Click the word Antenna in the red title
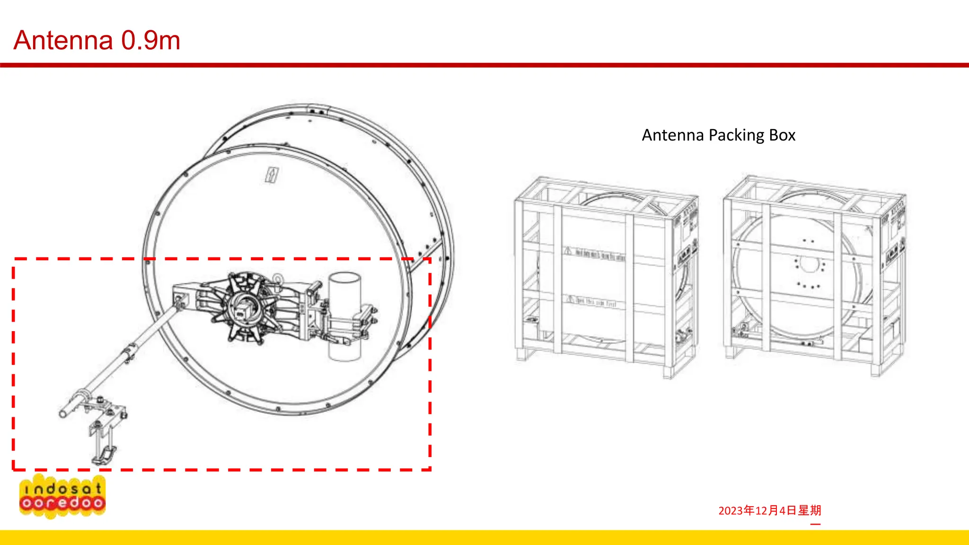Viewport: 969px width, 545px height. coord(63,40)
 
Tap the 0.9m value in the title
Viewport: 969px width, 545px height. coord(150,40)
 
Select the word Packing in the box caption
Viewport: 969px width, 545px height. coord(737,135)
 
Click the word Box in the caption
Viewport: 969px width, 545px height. coord(782,135)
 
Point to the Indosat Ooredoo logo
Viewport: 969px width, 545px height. coord(62,496)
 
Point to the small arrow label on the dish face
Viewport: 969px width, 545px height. coord(272,175)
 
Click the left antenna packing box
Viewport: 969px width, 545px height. coord(606,277)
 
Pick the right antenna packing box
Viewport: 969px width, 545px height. coord(814,274)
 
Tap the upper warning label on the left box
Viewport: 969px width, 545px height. coord(595,254)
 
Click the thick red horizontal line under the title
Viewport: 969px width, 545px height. coord(484,65)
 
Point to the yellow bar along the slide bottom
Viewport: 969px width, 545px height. coord(484,537)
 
